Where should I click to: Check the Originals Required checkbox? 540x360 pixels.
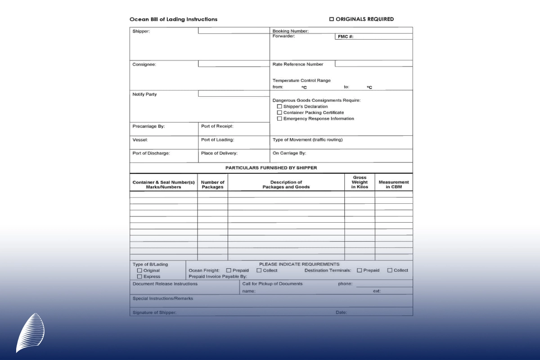tap(332, 19)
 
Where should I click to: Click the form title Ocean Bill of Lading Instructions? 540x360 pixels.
tap(173, 19)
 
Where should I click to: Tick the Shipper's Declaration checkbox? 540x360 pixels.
tap(279, 107)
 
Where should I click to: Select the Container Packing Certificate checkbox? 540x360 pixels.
tap(279, 112)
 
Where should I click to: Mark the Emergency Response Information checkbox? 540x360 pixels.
tap(279, 119)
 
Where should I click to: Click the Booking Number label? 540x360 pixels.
tap(290, 31)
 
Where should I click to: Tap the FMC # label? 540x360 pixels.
tap(346, 37)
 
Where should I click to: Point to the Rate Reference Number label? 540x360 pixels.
tap(298, 64)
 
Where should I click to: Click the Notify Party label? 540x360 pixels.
tap(144, 94)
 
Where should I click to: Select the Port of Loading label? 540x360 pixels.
tap(217, 140)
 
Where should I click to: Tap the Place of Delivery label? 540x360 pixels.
tap(219, 153)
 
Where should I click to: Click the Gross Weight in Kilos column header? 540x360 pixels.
tap(360, 182)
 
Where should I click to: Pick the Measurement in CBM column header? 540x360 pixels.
tap(394, 184)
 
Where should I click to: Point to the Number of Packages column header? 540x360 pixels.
tap(212, 184)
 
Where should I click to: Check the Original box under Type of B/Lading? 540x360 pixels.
tap(139, 270)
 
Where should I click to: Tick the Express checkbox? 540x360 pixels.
tap(139, 277)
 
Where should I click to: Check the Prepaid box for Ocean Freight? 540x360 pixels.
tap(229, 270)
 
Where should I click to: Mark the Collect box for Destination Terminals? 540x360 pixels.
tap(390, 270)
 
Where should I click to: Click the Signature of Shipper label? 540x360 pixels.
tap(154, 312)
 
